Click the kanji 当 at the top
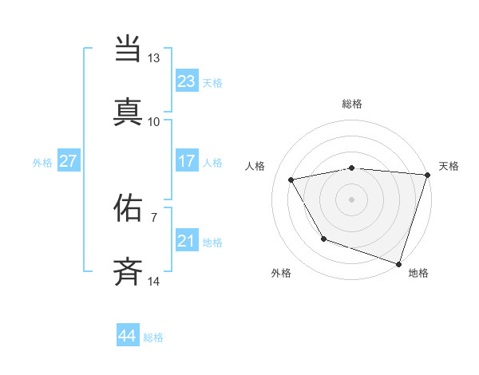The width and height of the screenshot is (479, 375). [129, 49]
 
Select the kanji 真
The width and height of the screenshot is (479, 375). [129, 111]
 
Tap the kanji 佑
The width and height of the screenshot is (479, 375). [129, 207]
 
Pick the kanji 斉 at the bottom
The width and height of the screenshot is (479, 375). [129, 270]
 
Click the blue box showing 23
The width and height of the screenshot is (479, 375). [186, 81]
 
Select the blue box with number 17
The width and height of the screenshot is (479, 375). [186, 161]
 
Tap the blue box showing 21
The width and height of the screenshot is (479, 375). [186, 241]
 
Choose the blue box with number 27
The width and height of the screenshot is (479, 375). [68, 161]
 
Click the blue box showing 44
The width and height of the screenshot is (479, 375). [127, 336]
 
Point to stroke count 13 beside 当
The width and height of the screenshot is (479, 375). [153, 58]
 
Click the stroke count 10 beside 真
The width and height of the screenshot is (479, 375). [153, 121]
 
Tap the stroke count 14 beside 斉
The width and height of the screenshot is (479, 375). [153, 281]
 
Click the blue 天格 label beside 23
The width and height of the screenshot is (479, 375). [212, 83]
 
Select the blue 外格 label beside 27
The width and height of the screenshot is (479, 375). [42, 163]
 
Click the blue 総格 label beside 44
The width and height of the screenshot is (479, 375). [153, 337]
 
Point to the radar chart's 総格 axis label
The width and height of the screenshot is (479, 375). [352, 104]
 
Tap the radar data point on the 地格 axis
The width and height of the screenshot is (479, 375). [398, 262]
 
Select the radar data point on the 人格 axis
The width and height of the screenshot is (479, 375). [291, 180]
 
